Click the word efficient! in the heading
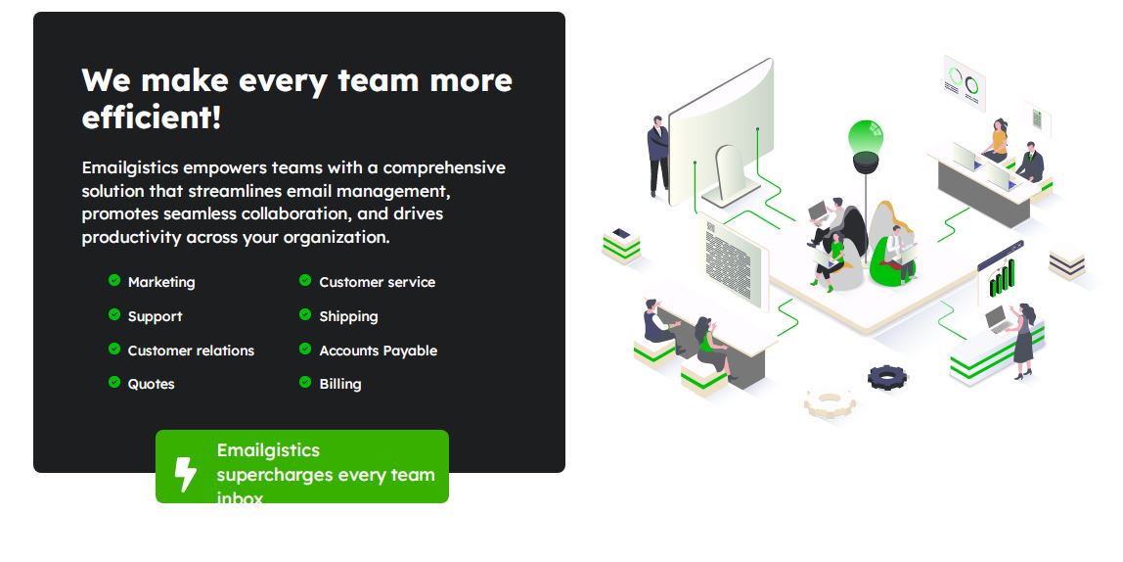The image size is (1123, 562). click(151, 117)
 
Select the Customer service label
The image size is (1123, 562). click(377, 282)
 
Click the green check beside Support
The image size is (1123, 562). click(113, 314)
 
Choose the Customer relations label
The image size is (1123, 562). click(191, 351)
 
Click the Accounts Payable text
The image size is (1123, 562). click(379, 351)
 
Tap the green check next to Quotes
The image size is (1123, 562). click(113, 382)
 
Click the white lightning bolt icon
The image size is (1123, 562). click(186, 475)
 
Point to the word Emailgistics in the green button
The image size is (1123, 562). click(268, 451)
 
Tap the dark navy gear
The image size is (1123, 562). click(887, 376)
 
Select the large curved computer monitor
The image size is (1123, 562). click(721, 133)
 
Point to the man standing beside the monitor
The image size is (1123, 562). click(657, 156)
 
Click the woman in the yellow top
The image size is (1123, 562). click(996, 141)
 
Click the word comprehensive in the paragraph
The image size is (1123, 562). click(444, 167)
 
